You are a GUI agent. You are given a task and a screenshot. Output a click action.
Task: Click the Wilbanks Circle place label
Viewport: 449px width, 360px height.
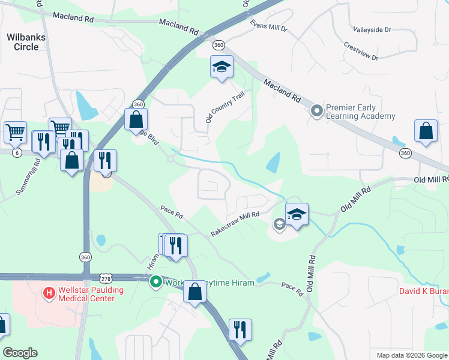[x=26, y=41]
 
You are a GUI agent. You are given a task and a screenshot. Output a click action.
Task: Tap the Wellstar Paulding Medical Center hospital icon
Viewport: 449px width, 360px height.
[x=49, y=293]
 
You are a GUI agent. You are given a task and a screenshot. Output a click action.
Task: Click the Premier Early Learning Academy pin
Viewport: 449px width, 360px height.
[x=317, y=110]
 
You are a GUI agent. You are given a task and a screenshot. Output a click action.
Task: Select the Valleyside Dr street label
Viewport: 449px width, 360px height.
[x=372, y=29]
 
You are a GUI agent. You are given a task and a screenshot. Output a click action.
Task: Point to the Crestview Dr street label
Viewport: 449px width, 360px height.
[x=361, y=51]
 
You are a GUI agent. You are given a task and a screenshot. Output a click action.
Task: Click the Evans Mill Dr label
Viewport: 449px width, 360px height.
[x=269, y=25]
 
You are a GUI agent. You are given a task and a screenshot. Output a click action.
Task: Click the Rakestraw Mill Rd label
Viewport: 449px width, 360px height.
[x=235, y=224]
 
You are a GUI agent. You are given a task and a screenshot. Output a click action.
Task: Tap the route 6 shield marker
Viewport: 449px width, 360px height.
[x=17, y=153]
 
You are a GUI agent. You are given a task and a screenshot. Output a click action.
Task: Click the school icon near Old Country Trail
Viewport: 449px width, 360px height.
[x=221, y=67]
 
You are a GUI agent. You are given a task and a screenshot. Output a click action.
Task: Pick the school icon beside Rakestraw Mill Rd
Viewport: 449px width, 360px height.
[x=297, y=214]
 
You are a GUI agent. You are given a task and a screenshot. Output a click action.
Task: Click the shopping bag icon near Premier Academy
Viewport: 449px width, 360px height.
[x=426, y=131]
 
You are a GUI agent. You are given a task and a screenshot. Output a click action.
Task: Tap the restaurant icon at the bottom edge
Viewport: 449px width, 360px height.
[x=240, y=329]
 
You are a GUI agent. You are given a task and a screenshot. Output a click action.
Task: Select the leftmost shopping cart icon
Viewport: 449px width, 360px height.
[x=15, y=131]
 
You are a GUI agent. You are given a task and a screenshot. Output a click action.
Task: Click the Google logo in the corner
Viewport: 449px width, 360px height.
[x=20, y=353]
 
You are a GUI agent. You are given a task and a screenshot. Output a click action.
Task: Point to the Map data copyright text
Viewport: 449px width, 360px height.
[x=411, y=355]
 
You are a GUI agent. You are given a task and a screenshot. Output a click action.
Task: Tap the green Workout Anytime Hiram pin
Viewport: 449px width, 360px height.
[x=156, y=281]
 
